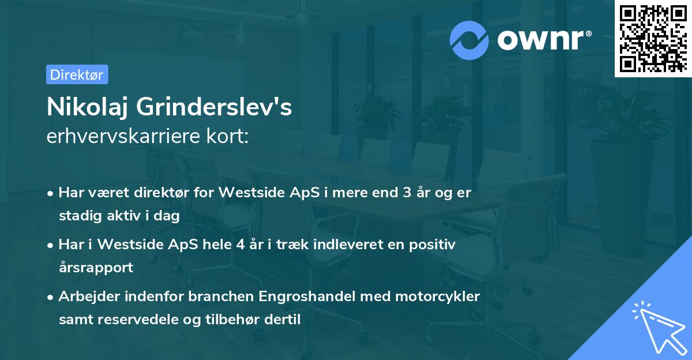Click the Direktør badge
click(x=77, y=74)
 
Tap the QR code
click(x=653, y=39)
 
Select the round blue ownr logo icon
click(x=469, y=40)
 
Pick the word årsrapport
click(x=96, y=268)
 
